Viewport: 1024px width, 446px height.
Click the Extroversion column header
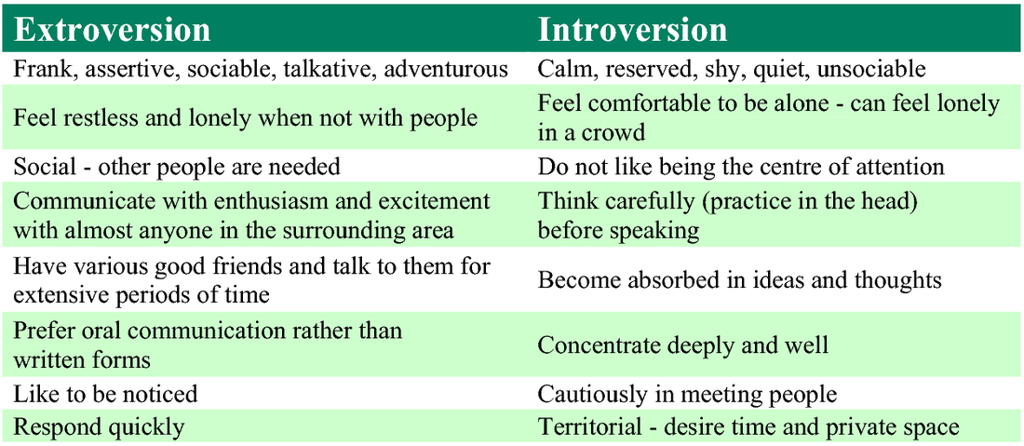pyautogui.click(x=112, y=31)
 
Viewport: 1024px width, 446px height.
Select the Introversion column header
pyautogui.click(x=631, y=31)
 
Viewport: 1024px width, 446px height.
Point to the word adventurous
pyautogui.click(x=446, y=70)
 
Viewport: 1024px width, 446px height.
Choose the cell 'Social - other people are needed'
pyautogui.click(x=177, y=168)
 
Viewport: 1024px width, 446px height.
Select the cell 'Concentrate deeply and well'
pyautogui.click(x=683, y=345)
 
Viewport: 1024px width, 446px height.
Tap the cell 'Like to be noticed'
pyautogui.click(x=105, y=395)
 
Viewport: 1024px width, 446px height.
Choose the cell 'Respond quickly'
pyautogui.click(x=99, y=427)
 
